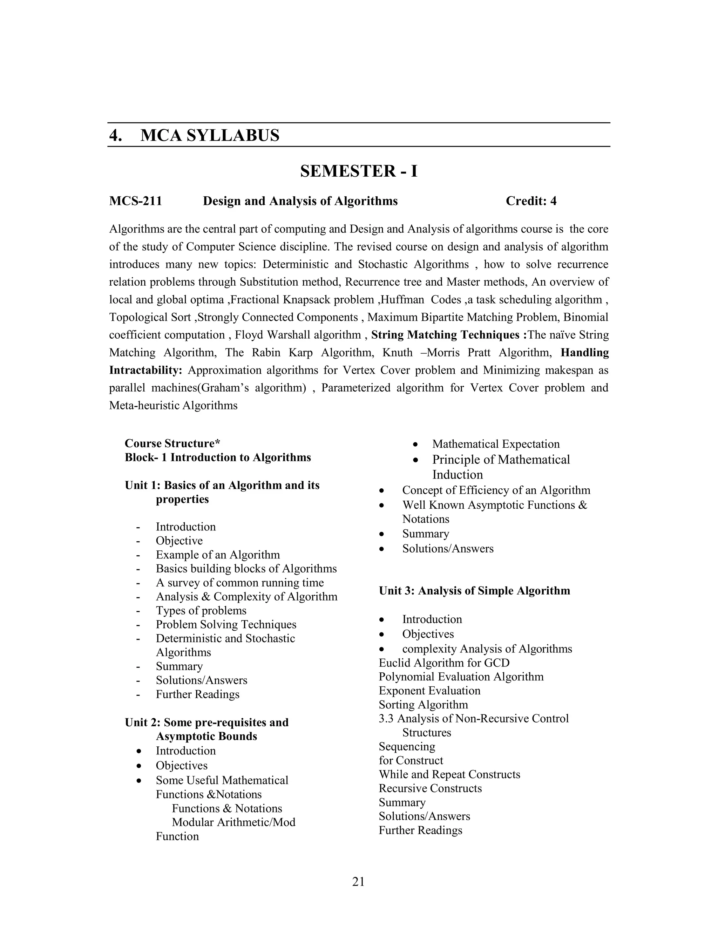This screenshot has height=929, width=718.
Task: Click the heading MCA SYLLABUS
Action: point(210,135)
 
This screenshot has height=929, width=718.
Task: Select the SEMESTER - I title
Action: point(359,171)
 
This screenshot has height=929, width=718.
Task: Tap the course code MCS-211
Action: point(135,201)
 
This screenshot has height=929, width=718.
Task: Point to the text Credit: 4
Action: point(531,201)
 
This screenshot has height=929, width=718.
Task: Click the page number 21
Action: point(359,882)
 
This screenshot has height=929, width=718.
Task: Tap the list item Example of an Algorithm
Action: point(218,555)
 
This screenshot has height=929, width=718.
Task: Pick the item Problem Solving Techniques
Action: point(226,624)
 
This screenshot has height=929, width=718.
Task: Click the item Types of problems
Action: point(201,610)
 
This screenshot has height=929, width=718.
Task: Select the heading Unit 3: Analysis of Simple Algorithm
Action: point(474,590)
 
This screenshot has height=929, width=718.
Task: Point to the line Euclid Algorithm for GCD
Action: point(444,663)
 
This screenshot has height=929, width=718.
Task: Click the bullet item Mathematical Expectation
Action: point(495,444)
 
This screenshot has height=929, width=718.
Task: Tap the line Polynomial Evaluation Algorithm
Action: point(461,677)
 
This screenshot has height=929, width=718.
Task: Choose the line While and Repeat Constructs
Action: point(449,774)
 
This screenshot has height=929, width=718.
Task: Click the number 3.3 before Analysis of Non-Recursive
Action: point(386,718)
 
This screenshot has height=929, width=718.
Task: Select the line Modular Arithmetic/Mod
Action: point(233,822)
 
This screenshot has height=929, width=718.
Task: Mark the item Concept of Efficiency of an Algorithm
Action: point(496,490)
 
